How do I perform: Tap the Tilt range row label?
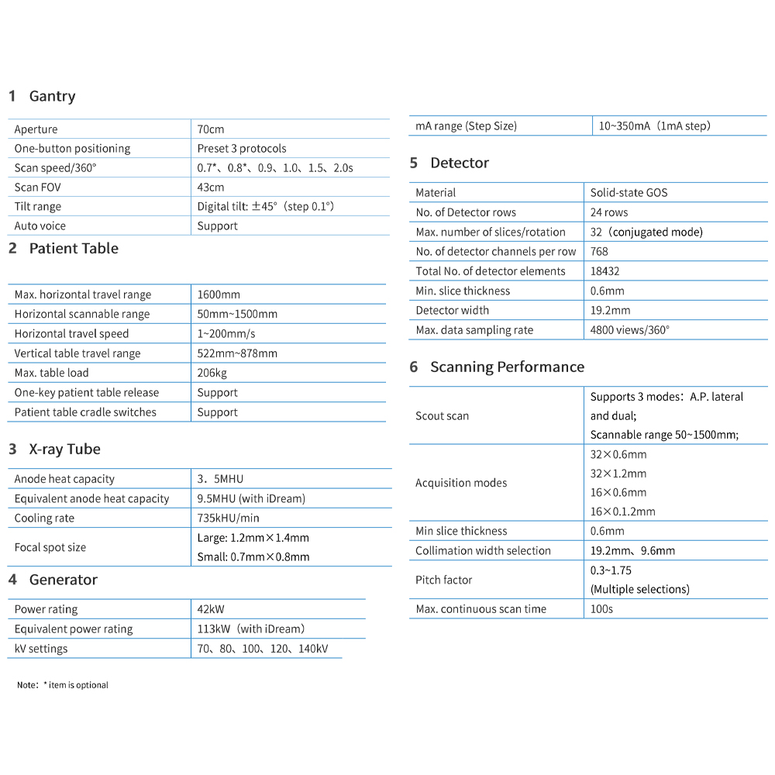pos(37,207)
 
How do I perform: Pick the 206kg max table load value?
pos(212,373)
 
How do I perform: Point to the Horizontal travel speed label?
pos(71,334)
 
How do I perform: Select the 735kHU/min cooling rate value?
pos(228,518)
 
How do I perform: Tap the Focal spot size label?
pos(50,547)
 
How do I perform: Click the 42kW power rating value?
pos(211,610)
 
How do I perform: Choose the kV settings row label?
pos(41,649)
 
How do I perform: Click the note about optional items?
pos(63,685)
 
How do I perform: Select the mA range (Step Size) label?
pos(466,126)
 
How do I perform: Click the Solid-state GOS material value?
pos(629,193)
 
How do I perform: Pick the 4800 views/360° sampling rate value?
pos(629,330)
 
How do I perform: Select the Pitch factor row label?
pos(443,580)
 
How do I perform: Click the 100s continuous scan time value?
pos(601,609)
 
